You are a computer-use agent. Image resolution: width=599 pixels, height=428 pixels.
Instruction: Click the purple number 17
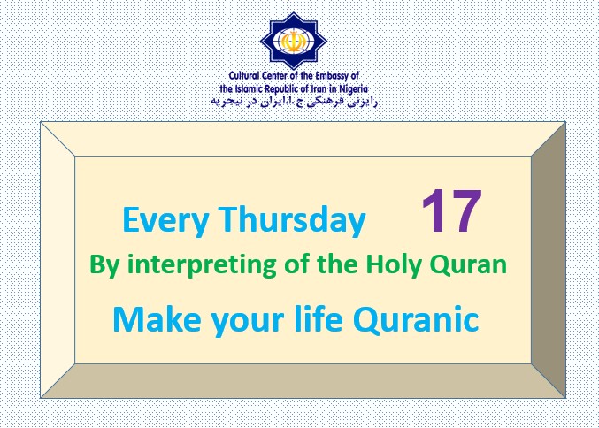[451, 210]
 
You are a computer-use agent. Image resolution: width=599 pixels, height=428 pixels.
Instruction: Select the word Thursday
[292, 220]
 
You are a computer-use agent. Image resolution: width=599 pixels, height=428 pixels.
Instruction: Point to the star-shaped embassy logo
[294, 42]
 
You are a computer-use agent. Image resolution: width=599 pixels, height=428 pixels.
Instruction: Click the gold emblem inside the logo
[294, 42]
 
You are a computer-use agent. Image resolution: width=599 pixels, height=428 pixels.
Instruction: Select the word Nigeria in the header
[353, 89]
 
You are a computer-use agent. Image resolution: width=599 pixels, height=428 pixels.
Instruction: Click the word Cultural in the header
[244, 75]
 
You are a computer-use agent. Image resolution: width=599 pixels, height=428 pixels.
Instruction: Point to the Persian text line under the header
[294, 102]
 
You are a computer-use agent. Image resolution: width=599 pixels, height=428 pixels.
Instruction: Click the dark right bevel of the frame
[549, 260]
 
